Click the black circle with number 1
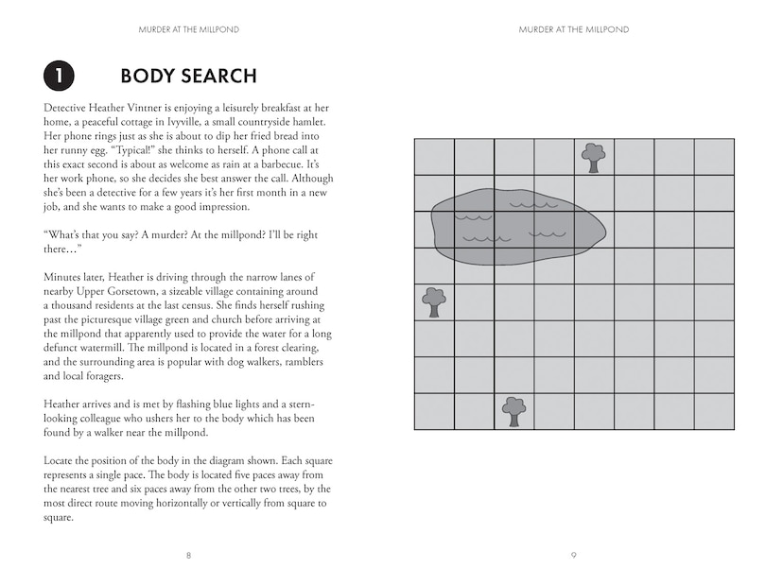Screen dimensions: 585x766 click(58, 76)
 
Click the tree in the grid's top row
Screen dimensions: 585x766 click(593, 157)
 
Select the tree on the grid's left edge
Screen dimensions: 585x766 click(434, 301)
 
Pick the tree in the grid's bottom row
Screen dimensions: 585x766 click(514, 411)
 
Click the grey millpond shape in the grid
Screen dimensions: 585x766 click(515, 227)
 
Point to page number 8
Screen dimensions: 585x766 click(188, 555)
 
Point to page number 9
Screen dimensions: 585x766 click(574, 555)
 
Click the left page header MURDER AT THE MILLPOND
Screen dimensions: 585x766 click(188, 29)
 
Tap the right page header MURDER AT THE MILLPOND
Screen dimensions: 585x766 click(574, 29)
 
